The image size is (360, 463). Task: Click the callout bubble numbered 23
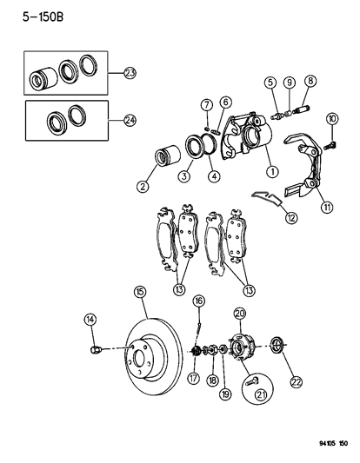(130, 74)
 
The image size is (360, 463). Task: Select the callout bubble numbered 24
(130, 120)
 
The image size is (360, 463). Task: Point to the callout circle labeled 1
(272, 171)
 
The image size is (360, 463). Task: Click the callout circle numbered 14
(89, 321)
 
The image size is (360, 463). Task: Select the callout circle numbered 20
(240, 314)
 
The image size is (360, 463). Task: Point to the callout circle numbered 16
(198, 301)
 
